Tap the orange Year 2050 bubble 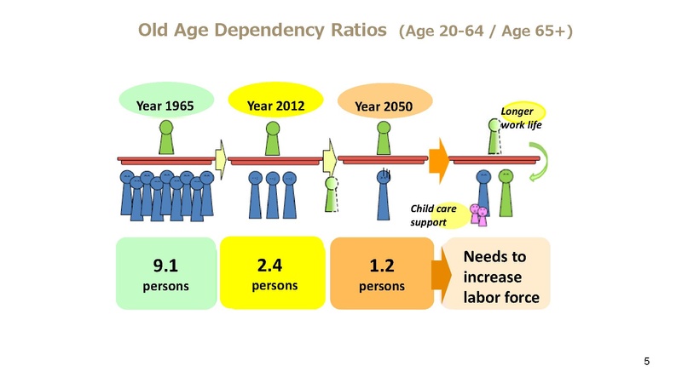[x=384, y=106]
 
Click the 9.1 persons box [x=165, y=273]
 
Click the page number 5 [x=647, y=363]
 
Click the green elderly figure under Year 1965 [x=165, y=139]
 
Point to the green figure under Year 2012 [x=273, y=139]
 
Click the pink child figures [x=479, y=216]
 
